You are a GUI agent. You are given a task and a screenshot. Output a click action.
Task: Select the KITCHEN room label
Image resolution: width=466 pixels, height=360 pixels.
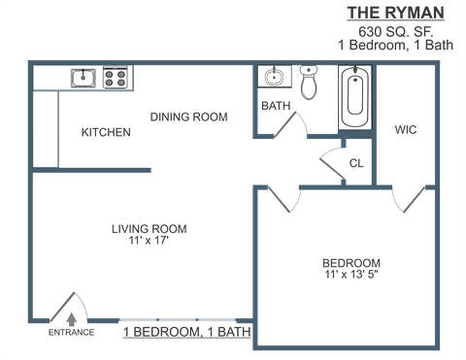click(x=105, y=132)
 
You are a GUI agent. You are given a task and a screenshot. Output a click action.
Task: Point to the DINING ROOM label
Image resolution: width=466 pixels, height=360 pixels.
click(x=188, y=116)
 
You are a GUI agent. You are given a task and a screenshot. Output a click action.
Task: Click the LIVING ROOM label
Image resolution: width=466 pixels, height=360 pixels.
click(x=149, y=229)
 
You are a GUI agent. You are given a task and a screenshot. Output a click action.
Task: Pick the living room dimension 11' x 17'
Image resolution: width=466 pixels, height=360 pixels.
click(x=149, y=241)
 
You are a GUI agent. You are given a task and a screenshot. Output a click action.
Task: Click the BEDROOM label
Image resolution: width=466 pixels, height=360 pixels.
click(x=351, y=263)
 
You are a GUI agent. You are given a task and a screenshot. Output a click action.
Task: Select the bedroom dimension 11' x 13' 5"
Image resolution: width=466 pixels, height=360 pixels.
click(x=351, y=275)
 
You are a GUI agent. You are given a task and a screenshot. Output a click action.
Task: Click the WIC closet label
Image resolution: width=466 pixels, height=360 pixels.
click(x=405, y=130)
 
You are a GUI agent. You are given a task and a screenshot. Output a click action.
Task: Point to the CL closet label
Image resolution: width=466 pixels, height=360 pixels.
click(x=355, y=163)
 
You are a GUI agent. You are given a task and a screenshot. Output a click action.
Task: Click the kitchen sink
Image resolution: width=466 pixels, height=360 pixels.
click(x=83, y=77)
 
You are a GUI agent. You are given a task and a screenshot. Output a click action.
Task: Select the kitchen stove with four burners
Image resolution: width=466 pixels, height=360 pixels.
click(x=116, y=77)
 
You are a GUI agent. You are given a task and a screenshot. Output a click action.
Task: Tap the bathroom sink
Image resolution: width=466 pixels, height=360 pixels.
click(x=273, y=78)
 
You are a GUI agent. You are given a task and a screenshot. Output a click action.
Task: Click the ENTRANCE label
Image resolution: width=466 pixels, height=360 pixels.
click(x=72, y=333)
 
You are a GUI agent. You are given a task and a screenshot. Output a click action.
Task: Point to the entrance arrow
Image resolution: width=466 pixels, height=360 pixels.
click(x=72, y=316)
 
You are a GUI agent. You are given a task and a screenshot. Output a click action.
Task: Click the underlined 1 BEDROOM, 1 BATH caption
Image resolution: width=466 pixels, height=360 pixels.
click(x=186, y=333)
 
